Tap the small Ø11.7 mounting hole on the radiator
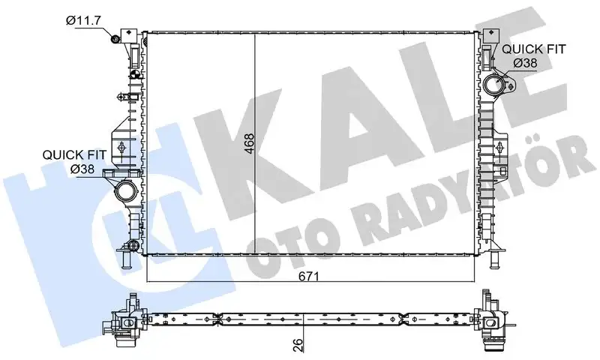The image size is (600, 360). [116, 40]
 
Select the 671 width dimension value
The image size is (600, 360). [310, 277]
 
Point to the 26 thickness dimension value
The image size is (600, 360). [298, 346]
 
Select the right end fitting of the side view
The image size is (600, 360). [491, 322]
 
